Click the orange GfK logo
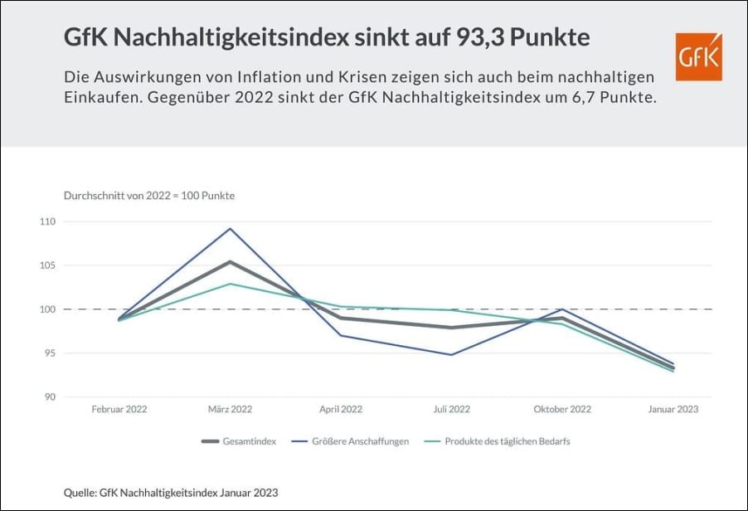698,56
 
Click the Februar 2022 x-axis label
119,410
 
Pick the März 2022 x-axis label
230,410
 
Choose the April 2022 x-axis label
341,410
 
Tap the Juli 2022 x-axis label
451,410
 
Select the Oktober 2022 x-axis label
561,410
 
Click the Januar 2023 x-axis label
672,410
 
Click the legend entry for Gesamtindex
240,441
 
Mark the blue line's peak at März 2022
230,228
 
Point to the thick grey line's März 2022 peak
230,262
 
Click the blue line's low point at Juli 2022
451,355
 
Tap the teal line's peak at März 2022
230,284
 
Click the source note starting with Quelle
171,492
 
